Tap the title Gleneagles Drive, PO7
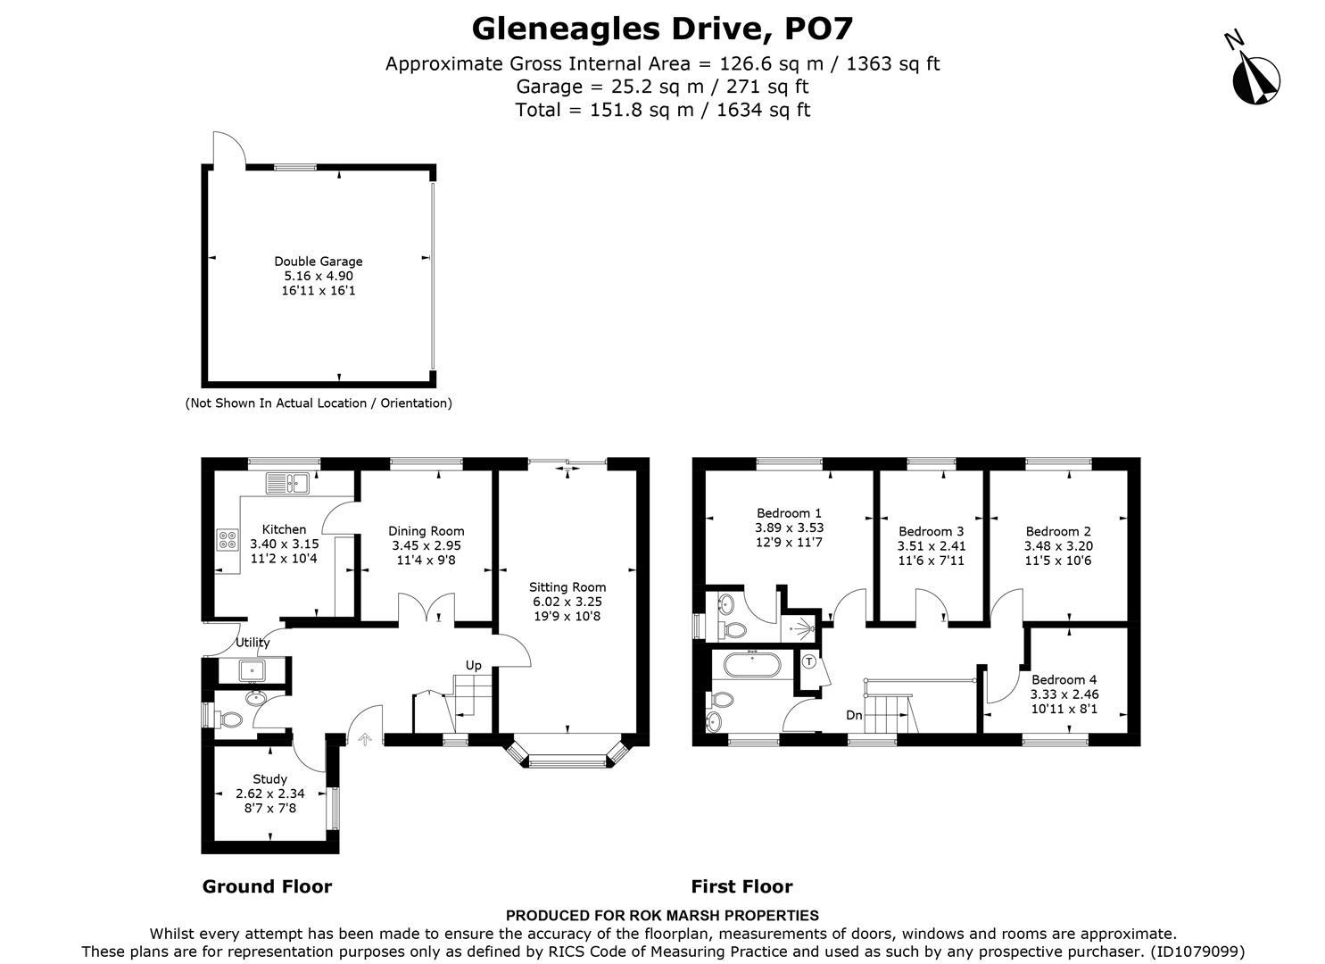pyautogui.click(x=662, y=29)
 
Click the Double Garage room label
pyautogui.click(x=318, y=262)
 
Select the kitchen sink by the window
pyautogui.click(x=286, y=484)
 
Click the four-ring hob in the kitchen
pyautogui.click(x=228, y=539)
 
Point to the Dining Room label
pyautogui.click(x=426, y=531)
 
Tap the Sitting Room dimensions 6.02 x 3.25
pyautogui.click(x=567, y=602)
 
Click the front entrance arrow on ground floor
pyautogui.click(x=364, y=738)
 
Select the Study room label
pyautogui.click(x=269, y=779)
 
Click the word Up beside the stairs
pyautogui.click(x=473, y=665)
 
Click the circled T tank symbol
pyautogui.click(x=808, y=662)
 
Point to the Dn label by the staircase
pyautogui.click(x=854, y=715)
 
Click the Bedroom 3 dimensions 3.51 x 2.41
pyautogui.click(x=931, y=546)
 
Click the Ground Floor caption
pyautogui.click(x=267, y=886)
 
